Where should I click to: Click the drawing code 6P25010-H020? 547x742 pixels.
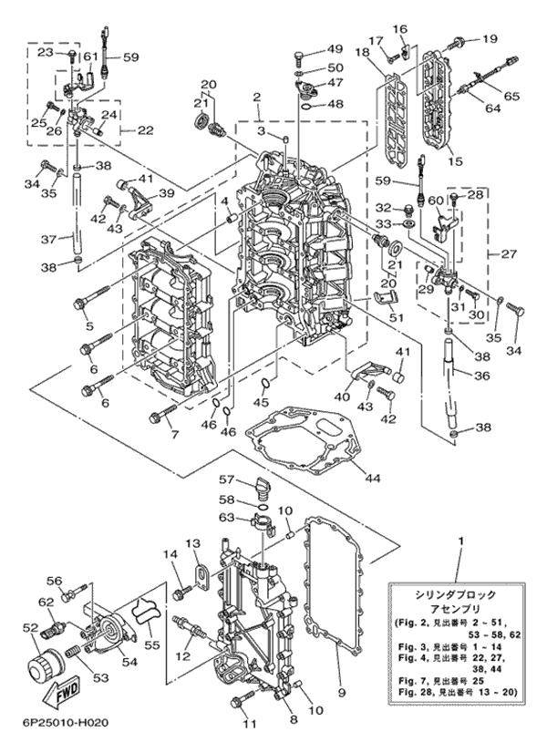[x=61, y=724]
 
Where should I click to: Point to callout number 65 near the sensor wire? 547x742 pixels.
[x=511, y=95]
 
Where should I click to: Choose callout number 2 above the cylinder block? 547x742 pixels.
[x=258, y=97]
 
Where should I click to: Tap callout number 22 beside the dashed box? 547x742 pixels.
[x=144, y=129]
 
